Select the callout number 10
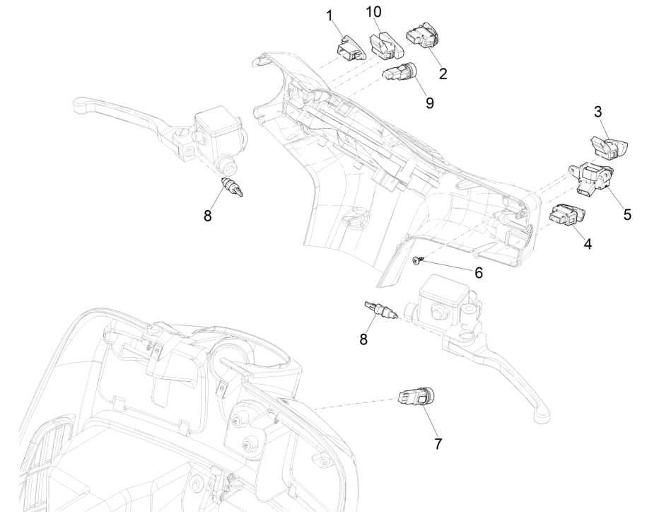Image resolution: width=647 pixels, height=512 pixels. (373, 13)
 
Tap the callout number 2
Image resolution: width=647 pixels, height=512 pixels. (443, 72)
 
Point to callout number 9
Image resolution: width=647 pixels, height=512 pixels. (429, 102)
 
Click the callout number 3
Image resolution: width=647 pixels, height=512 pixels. (598, 112)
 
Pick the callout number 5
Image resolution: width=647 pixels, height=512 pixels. (627, 213)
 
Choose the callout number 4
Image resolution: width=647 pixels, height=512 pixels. (587, 244)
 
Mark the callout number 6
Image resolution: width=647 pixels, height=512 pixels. (458, 272)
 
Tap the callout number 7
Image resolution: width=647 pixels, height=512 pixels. (439, 443)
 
